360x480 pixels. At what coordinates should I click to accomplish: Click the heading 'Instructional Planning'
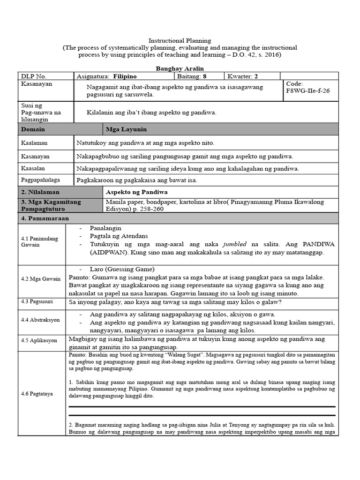(180, 41)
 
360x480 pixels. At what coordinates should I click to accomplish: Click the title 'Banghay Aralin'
(180, 68)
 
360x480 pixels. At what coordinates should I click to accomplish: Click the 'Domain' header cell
(32, 129)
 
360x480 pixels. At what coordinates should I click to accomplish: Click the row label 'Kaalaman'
(34, 142)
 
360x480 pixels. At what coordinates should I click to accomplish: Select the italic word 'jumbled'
(235, 244)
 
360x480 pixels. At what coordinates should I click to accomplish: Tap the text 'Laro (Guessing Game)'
(122, 269)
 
